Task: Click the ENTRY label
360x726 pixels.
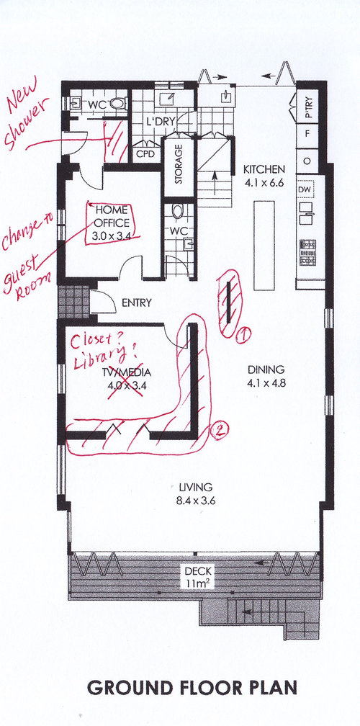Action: [136, 303]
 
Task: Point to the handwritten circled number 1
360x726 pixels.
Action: [243, 334]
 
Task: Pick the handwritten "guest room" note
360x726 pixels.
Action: [26, 277]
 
